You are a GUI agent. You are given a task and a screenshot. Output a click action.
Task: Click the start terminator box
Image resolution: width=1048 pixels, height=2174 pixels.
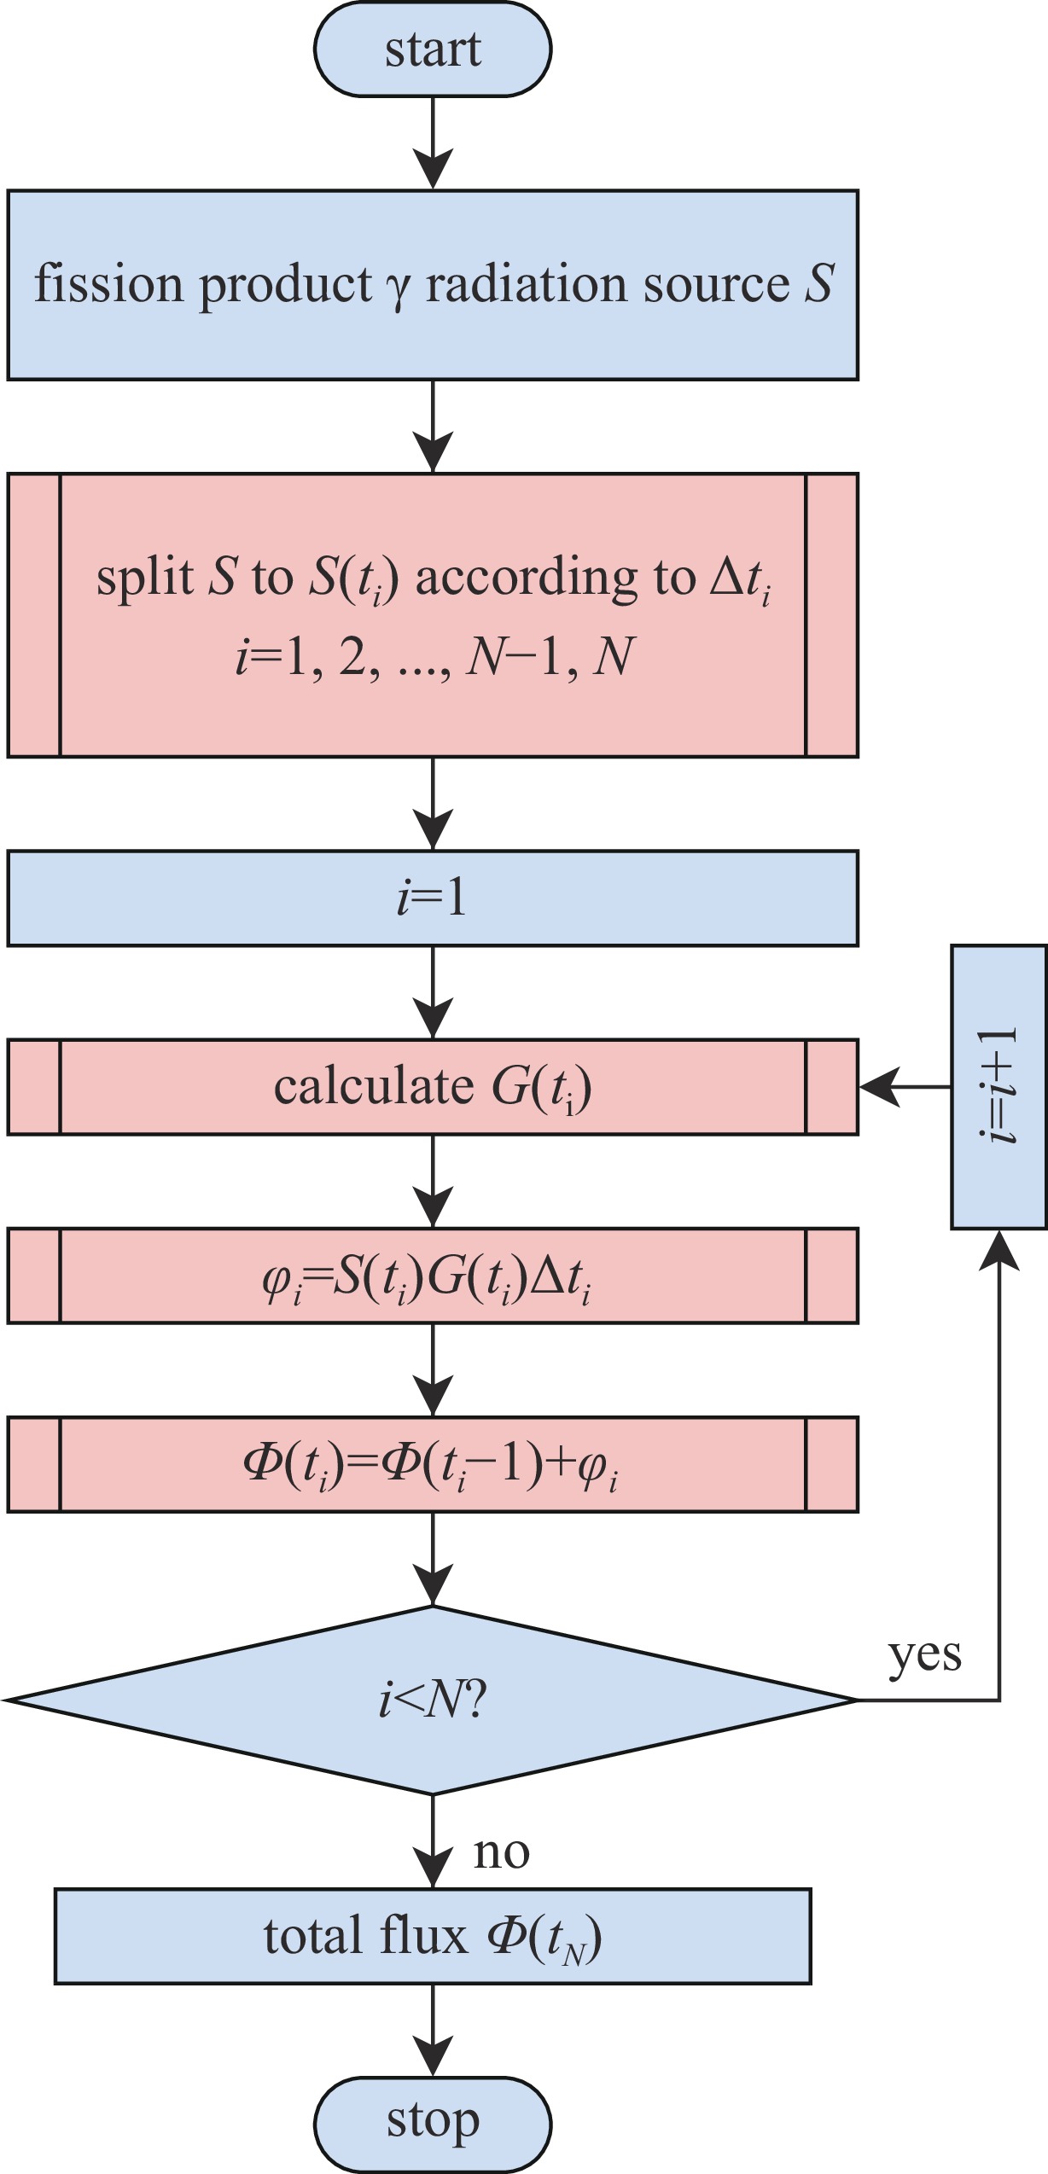tap(433, 49)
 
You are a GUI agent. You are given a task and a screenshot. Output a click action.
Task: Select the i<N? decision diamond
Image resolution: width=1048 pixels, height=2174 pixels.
tap(433, 1700)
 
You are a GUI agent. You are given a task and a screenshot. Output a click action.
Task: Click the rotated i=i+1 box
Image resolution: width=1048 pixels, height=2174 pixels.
tap(999, 1086)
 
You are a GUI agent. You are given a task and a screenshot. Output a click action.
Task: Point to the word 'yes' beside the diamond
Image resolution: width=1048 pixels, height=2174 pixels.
tap(925, 1655)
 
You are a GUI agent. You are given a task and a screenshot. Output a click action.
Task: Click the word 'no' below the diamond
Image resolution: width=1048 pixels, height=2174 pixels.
tap(502, 1852)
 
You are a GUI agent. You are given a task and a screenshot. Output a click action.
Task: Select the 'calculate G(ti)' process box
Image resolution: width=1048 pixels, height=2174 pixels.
tap(433, 1087)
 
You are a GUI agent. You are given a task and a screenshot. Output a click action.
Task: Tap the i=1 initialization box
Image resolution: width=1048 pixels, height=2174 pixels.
tap(433, 898)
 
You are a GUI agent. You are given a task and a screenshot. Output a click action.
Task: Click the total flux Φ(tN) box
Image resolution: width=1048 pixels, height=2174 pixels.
tap(433, 1936)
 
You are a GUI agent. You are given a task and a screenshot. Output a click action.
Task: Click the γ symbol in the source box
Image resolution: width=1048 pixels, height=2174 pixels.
tap(398, 287)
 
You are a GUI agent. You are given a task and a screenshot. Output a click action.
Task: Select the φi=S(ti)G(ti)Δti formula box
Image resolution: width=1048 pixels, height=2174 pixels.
tap(433, 1276)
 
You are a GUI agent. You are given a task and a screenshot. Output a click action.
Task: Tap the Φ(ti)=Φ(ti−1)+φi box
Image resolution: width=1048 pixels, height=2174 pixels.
tap(433, 1465)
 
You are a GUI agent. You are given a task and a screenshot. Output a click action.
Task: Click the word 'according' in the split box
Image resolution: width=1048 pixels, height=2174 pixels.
tap(526, 578)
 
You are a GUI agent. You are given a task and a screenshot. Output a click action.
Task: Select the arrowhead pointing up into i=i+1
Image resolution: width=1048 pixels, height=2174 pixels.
tap(999, 1251)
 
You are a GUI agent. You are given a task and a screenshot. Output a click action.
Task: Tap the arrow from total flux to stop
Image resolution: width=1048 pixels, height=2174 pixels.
tap(433, 2031)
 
